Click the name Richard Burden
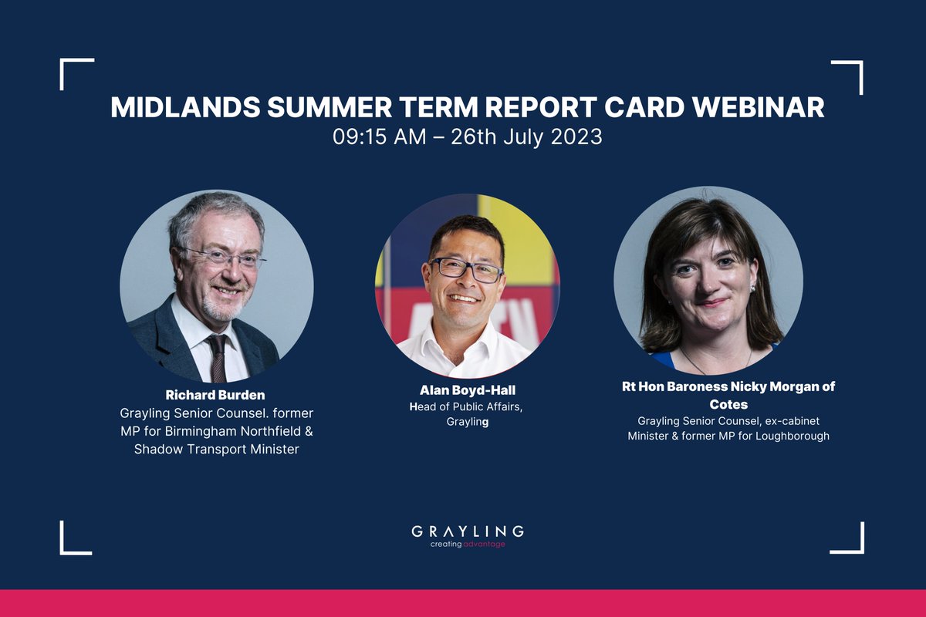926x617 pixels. (216, 396)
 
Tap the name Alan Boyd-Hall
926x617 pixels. (468, 390)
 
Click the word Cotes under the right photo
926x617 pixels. (728, 404)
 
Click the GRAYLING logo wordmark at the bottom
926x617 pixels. (468, 531)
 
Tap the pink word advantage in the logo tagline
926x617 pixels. (485, 544)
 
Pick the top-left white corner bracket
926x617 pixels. (76, 72)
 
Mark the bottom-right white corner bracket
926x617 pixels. (848, 539)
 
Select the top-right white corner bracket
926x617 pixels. (848, 76)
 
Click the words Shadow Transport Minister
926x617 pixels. (216, 449)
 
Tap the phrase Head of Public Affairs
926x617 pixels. (466, 406)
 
